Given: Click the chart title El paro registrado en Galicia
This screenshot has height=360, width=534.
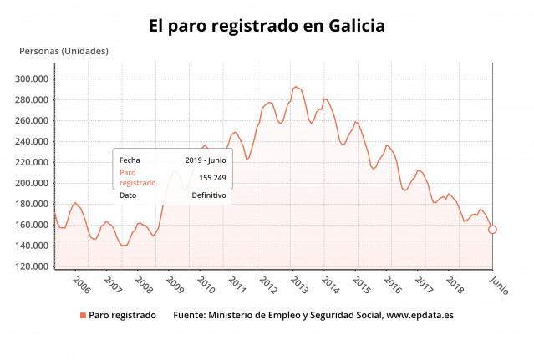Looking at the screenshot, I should pyautogui.click(x=267, y=27).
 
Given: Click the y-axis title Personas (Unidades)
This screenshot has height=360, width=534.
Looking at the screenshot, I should pyautogui.click(x=64, y=52).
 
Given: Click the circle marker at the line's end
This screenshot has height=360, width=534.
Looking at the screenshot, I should pyautogui.click(x=492, y=230).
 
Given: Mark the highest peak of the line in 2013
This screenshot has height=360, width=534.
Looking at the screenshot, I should pyautogui.click(x=295, y=86).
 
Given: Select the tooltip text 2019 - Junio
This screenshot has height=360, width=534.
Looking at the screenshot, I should pyautogui.click(x=205, y=160).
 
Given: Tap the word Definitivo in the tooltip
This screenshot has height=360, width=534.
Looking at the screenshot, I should pyautogui.click(x=209, y=195).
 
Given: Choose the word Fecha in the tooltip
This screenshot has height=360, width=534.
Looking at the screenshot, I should pyautogui.click(x=130, y=160).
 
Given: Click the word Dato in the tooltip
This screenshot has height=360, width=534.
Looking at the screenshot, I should pyautogui.click(x=128, y=195).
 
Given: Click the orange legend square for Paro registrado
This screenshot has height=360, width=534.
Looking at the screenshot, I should pyautogui.click(x=83, y=316).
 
